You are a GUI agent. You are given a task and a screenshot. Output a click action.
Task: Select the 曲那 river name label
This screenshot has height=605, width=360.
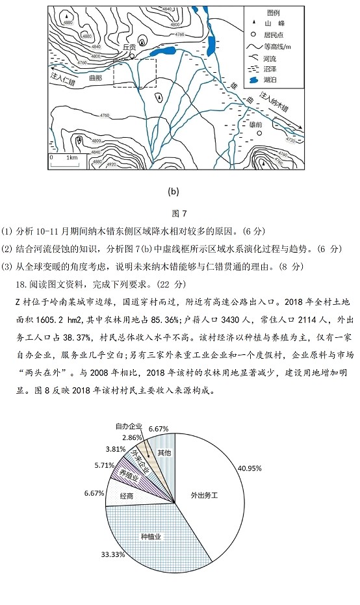(95, 77)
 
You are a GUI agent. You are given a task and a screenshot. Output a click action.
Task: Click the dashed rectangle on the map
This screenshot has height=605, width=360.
(135, 73)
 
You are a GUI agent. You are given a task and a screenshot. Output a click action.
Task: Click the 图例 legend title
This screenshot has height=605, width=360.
(273, 13)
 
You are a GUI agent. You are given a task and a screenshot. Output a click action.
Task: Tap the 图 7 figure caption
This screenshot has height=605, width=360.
(179, 213)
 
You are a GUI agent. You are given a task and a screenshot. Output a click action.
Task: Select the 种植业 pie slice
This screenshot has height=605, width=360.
(151, 536)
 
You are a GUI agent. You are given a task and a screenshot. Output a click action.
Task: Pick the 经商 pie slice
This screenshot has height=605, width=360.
(127, 495)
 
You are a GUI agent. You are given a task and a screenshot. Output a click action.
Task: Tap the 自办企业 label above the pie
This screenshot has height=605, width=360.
(147, 426)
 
